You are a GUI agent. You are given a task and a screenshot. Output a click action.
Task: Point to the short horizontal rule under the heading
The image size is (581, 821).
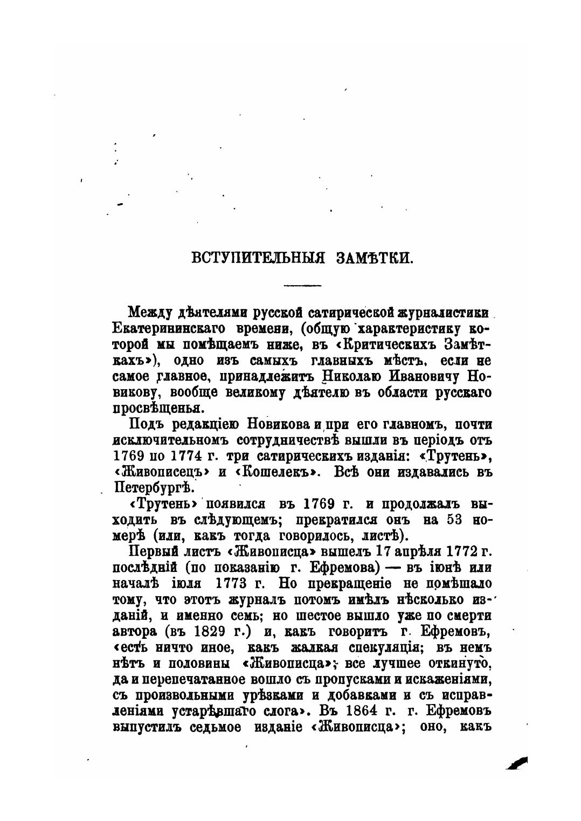(x=302, y=285)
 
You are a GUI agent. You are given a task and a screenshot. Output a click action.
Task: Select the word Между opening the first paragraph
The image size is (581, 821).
(x=146, y=313)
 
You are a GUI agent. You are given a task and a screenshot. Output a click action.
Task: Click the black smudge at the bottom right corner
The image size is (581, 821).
(x=517, y=763)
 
